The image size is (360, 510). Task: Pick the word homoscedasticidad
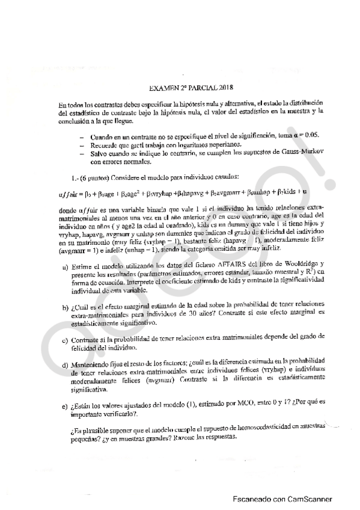263,428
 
